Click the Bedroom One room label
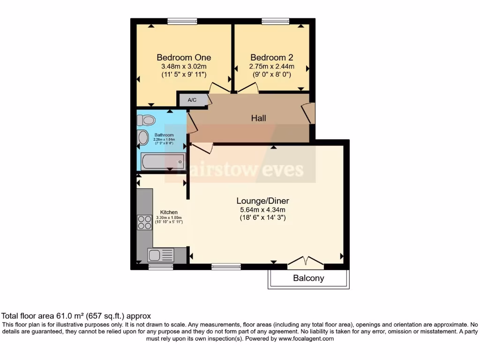coord(183,58)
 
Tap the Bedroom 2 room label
coord(271,58)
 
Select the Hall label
coord(258,118)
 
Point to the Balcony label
coord(308,278)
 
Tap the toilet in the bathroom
coord(147,120)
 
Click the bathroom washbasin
coord(142,138)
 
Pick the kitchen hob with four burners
coord(144,222)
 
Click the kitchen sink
coord(160,255)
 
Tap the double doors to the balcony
coord(305,262)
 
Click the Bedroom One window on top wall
coord(182,21)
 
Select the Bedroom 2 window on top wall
coord(276,21)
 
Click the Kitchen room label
coord(169,212)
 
